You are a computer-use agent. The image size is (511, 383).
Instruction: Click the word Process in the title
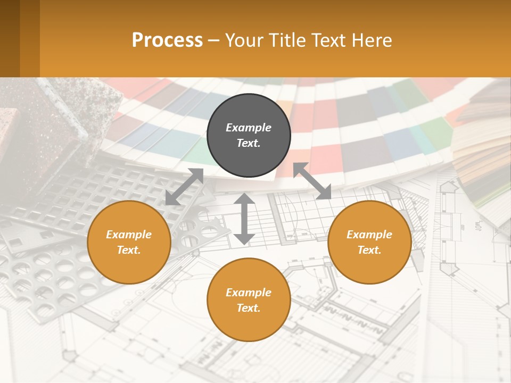[x=167, y=40]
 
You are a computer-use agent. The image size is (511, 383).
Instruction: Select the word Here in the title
[x=371, y=40]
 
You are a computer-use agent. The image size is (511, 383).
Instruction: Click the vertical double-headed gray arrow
[x=244, y=219]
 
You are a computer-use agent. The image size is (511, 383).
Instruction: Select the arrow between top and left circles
[x=184, y=186]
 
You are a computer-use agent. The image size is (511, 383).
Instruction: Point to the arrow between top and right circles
[x=312, y=181]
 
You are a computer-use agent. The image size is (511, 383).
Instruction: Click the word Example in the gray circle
[x=249, y=128]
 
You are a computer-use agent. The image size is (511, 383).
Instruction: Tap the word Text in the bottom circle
[x=248, y=308]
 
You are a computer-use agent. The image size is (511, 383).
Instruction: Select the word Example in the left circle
[x=129, y=235]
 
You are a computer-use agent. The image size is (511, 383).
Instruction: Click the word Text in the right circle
[x=368, y=250]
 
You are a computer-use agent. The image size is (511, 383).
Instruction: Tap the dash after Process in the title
[x=213, y=40]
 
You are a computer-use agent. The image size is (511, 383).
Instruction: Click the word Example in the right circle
[x=369, y=235]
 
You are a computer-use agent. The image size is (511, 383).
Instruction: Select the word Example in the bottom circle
[x=249, y=293]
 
